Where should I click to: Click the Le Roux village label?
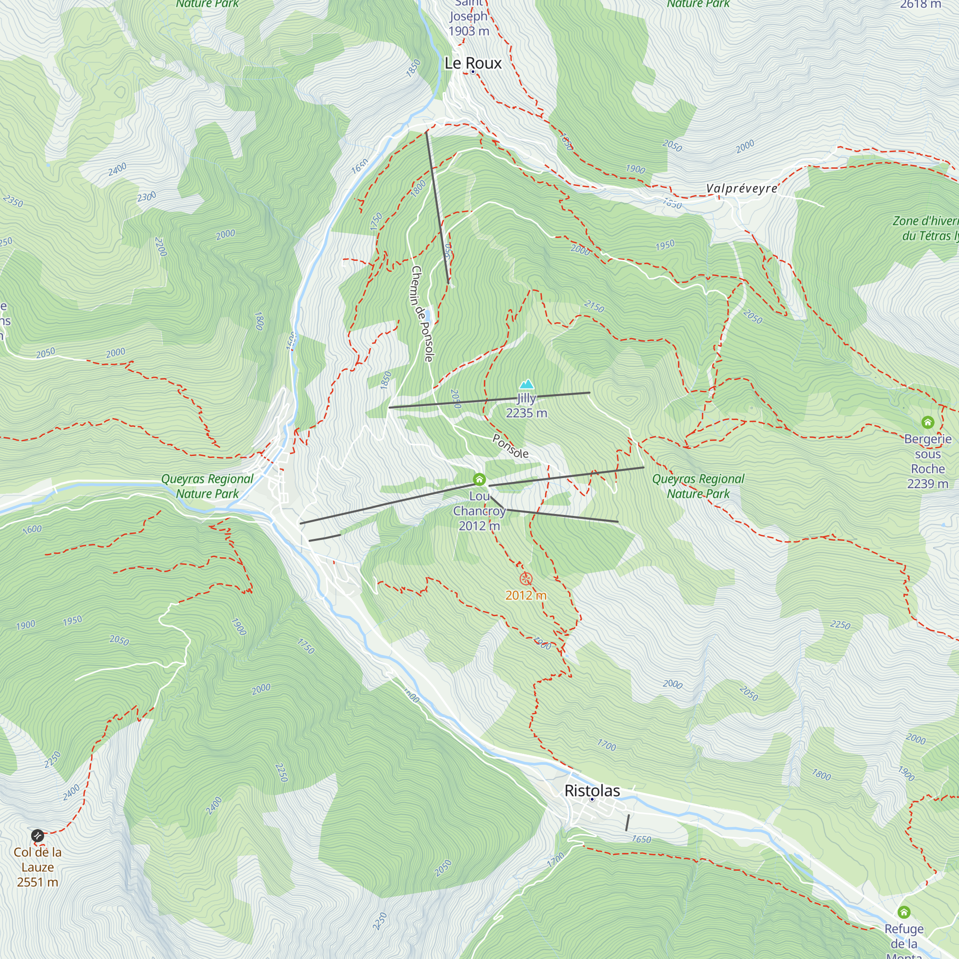pos(473,63)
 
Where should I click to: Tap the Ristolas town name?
pos(592,790)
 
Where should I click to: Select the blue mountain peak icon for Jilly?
pos(526,384)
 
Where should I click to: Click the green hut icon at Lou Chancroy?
pos(479,479)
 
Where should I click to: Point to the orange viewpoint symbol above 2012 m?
pos(526,579)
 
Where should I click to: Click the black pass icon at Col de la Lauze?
pos(38,836)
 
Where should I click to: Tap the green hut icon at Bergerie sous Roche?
pos(927,422)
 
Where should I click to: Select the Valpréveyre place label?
pos(741,188)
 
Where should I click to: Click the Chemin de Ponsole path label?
pos(422,314)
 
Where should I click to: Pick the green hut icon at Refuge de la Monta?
pos(904,912)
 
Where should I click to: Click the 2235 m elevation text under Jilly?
pos(526,413)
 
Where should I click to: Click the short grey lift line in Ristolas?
pos(627,822)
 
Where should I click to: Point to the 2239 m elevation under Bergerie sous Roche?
pos(927,484)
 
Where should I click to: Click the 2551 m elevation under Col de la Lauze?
pos(38,882)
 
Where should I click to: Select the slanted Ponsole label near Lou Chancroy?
pos(510,446)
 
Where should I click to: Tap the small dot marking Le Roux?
pos(473,72)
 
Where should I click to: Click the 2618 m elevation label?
pos(920,4)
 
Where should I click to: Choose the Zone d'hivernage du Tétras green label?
pos(925,228)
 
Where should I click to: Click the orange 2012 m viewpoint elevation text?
pos(526,595)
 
